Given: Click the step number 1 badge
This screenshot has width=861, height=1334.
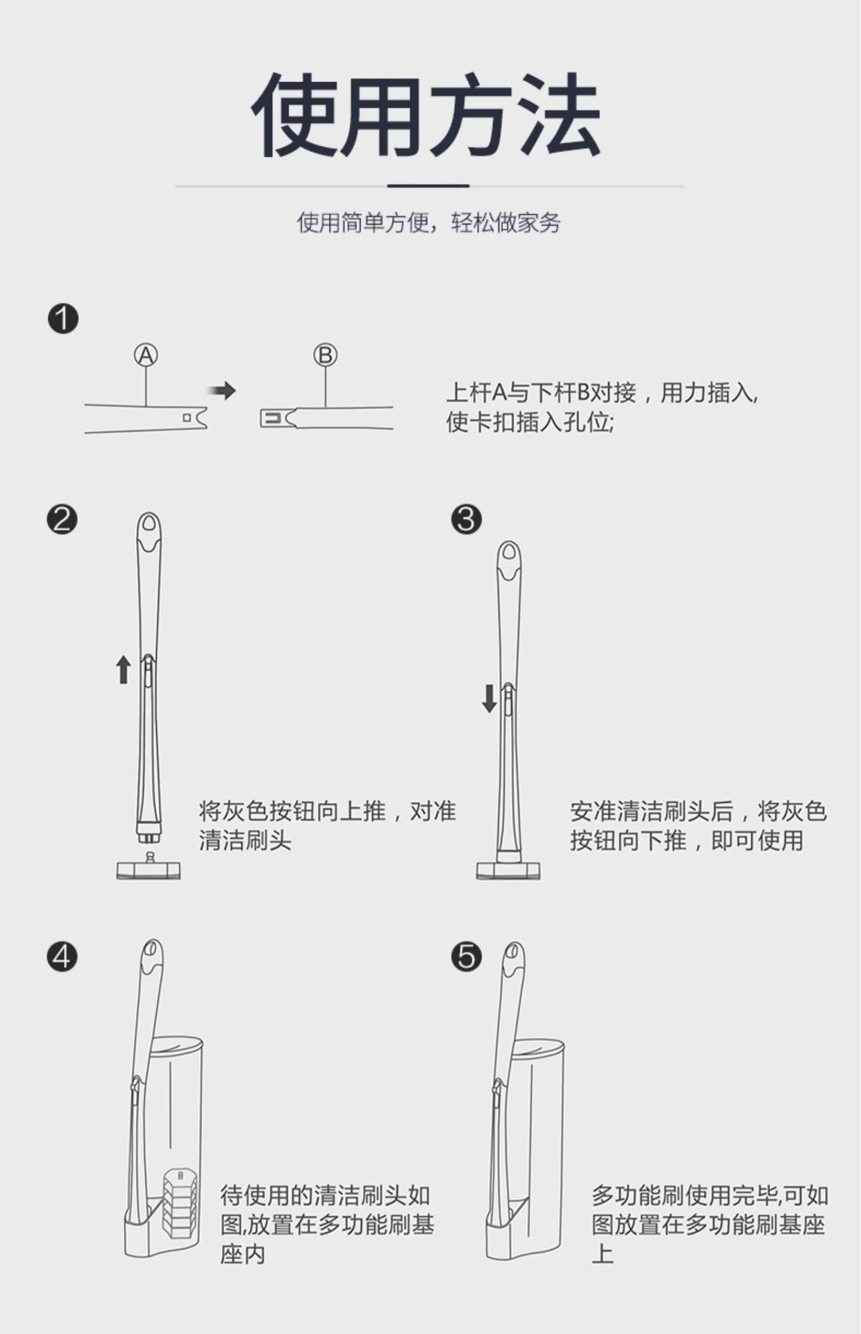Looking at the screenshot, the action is click(x=63, y=319).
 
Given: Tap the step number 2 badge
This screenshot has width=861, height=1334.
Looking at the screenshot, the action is click(x=62, y=519).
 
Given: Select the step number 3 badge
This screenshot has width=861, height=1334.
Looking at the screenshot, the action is click(x=466, y=519).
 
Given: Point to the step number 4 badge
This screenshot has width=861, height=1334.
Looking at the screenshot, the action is click(x=62, y=957).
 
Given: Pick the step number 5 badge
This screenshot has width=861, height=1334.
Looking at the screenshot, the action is click(x=466, y=957).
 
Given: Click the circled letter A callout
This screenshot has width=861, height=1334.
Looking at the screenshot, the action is click(x=146, y=355).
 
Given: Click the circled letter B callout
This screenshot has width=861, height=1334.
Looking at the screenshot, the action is click(x=325, y=355).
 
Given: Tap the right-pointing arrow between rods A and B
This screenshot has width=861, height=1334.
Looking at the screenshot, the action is click(x=222, y=391).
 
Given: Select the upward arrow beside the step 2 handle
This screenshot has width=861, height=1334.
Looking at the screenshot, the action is click(x=124, y=669).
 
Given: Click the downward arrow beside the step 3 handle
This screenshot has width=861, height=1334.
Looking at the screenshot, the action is click(x=490, y=698).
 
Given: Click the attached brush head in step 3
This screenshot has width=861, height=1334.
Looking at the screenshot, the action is click(x=508, y=869).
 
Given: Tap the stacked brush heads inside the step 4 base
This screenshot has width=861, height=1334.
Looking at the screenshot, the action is click(x=181, y=1203).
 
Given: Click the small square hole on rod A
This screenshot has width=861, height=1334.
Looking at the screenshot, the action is click(x=186, y=418).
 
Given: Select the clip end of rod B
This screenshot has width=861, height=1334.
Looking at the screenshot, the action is click(x=275, y=418).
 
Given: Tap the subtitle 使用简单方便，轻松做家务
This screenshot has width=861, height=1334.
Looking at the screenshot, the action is click(x=429, y=223).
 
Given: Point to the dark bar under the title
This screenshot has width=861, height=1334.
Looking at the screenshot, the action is click(x=428, y=186).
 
